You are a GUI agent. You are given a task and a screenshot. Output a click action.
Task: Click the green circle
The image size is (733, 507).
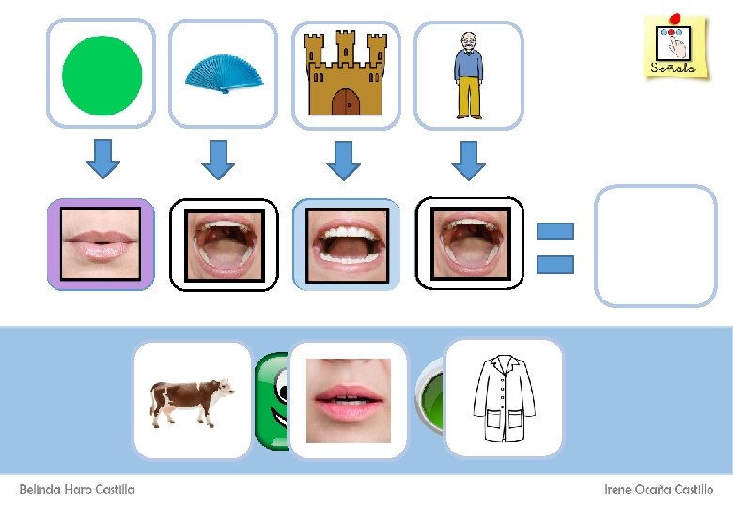point(101,74)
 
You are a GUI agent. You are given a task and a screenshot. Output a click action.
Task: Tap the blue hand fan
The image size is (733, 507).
point(224,74)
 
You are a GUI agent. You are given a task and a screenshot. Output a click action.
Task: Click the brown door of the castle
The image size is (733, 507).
point(346,101)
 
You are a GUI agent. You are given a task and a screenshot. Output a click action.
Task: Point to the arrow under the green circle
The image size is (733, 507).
point(102,159)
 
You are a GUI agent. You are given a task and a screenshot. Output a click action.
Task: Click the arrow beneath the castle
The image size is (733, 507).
point(344,159)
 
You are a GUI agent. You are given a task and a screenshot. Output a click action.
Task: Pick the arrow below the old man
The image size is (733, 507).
point(467,159)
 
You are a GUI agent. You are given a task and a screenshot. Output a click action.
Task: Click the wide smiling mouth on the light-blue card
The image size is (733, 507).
point(346,244)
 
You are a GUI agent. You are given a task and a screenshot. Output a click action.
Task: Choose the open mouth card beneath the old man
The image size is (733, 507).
point(469,244)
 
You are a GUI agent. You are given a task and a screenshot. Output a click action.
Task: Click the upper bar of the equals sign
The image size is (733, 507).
point(554,231)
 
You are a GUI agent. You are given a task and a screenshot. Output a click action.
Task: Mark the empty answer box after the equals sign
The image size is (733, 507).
point(655,245)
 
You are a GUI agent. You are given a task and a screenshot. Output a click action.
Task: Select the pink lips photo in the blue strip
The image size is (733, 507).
point(348,401)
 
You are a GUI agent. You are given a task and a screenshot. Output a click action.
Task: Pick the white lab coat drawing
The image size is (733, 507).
point(503,398)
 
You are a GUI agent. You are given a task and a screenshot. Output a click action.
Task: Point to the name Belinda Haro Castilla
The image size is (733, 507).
point(77,490)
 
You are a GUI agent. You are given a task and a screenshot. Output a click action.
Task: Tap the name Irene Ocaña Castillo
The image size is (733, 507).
point(659,490)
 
